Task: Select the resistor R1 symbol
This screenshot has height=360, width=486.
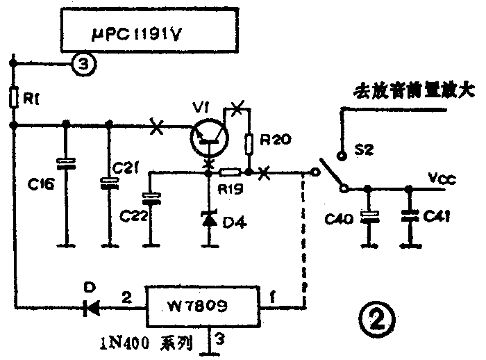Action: tap(14, 98)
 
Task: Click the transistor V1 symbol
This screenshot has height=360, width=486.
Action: tap(208, 138)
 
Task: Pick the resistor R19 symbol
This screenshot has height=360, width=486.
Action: tap(230, 172)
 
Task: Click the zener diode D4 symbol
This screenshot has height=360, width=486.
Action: tap(208, 219)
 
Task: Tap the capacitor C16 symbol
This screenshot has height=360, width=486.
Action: tap(67, 164)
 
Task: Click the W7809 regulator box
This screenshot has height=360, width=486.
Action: tap(201, 306)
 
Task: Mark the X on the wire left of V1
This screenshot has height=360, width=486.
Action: tap(157, 126)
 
